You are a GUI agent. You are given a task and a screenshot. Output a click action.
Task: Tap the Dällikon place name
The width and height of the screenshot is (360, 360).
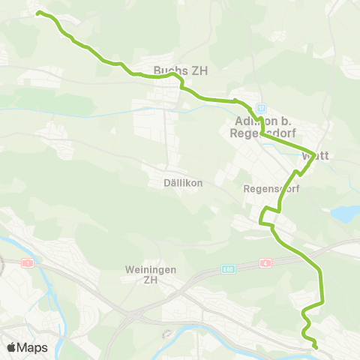(173, 183)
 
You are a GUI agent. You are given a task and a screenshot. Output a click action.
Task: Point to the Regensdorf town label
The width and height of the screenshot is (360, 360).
(271, 190)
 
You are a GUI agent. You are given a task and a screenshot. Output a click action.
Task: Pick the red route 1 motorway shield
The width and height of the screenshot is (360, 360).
(28, 263)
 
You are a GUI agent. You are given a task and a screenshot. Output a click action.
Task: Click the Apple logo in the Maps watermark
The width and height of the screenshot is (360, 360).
(11, 347)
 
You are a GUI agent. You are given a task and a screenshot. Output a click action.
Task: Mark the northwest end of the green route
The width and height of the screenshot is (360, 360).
(38, 13)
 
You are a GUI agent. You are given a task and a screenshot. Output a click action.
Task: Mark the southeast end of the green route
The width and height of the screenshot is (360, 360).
(316, 347)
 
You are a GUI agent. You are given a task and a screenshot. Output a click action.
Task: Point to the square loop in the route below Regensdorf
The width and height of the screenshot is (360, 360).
(267, 217)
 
